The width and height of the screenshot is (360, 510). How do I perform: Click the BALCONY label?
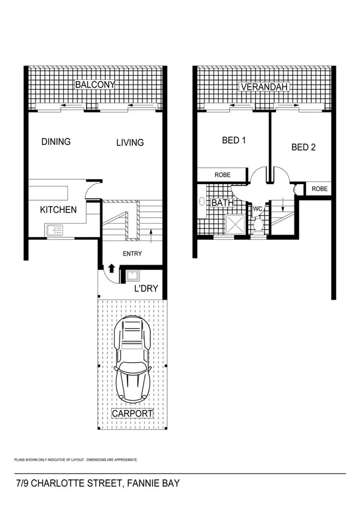click(x=94, y=85)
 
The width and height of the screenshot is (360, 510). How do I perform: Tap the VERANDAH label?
click(x=264, y=87)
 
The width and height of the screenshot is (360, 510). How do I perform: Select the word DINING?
click(x=56, y=142)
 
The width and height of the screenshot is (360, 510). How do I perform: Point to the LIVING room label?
click(x=130, y=143)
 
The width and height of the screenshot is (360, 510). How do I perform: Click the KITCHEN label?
click(x=58, y=210)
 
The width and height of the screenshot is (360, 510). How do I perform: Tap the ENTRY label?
click(x=132, y=254)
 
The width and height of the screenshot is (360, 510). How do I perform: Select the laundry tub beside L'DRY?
click(x=132, y=276)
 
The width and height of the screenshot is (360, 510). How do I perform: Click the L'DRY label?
click(x=146, y=289)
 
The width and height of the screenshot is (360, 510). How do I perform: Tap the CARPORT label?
click(x=132, y=414)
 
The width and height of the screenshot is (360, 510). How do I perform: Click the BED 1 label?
click(x=234, y=140)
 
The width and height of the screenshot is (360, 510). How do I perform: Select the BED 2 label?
click(x=304, y=147)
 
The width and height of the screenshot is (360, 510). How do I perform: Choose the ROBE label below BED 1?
click(x=223, y=175)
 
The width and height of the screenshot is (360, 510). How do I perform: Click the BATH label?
click(x=222, y=203)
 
